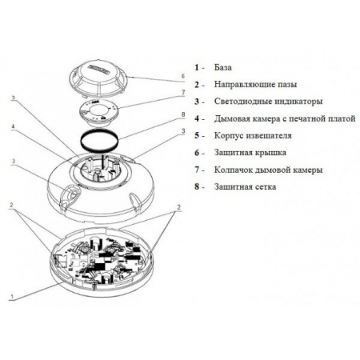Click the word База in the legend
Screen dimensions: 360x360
pos(223,67)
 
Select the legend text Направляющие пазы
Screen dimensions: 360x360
pos(255,85)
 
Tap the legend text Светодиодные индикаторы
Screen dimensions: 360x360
pos(268,102)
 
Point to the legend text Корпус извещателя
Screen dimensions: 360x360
pos(253,135)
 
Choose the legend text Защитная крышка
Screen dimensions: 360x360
pos(250,153)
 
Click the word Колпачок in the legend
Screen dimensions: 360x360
pos(233,170)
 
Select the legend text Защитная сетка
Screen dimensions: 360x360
pos(245,186)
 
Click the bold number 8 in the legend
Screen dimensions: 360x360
pos(197,186)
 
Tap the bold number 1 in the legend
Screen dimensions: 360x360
pos(197,67)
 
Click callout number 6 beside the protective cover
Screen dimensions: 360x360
pos(183,76)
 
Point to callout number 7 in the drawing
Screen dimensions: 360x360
pos(183,93)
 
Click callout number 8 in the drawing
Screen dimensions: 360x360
pos(183,114)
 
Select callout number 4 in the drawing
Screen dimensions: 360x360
pos(13,126)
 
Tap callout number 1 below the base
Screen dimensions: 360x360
pos(11,296)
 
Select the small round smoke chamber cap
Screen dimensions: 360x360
pos(99,114)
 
